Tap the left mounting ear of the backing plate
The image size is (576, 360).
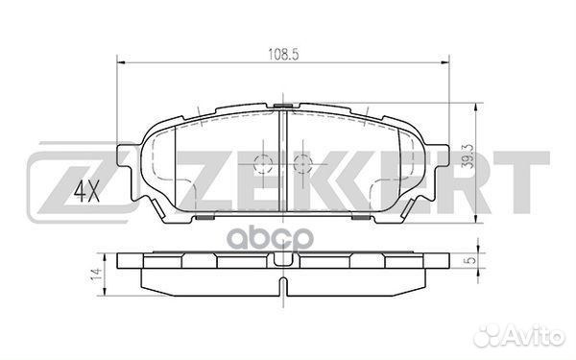(124, 158)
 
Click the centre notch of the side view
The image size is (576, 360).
(283, 260)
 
